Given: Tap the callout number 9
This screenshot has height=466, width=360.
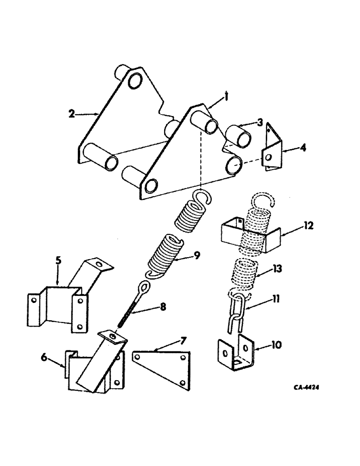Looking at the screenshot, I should tap(199, 255).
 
